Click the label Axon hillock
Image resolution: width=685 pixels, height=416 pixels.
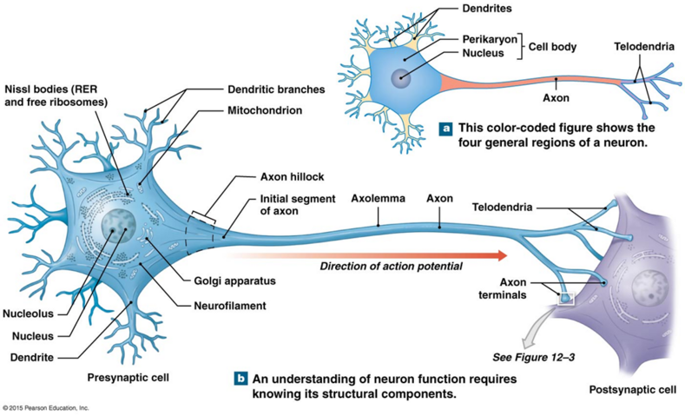292,176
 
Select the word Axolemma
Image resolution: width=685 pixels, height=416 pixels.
379,198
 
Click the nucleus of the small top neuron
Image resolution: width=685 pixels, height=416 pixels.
402,77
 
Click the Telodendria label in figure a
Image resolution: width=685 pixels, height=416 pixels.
643,46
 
